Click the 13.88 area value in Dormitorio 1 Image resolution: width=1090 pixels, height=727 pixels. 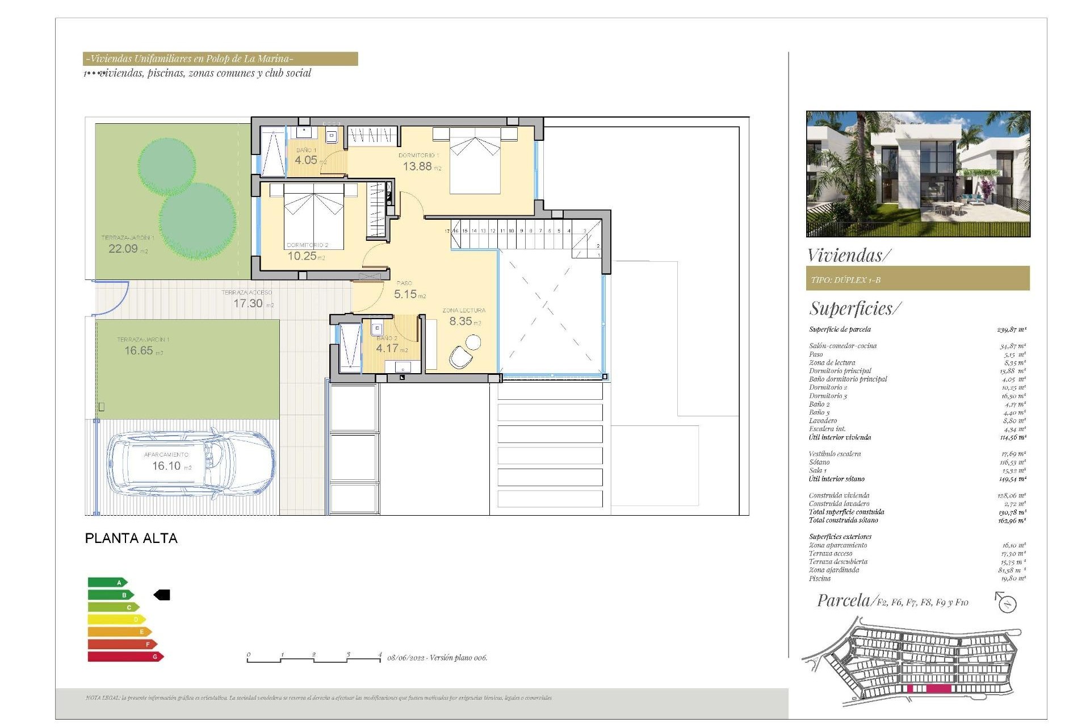(x=417, y=166)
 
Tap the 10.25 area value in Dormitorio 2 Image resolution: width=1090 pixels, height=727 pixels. (x=302, y=256)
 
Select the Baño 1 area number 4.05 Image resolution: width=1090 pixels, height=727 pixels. (x=306, y=160)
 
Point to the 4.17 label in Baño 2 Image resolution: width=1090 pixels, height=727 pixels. (x=387, y=348)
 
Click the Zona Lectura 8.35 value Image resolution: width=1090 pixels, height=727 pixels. (x=460, y=321)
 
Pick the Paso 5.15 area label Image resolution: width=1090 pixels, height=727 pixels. (x=405, y=294)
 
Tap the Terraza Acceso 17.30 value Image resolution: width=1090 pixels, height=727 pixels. (x=248, y=303)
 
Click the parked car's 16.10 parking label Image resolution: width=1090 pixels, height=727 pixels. (x=166, y=466)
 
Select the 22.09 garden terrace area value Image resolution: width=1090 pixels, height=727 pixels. (x=123, y=249)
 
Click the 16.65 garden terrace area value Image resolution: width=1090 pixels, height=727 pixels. (x=139, y=350)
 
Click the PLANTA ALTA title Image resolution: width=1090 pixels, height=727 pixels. (x=131, y=538)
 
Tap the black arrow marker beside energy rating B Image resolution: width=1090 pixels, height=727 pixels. (x=162, y=595)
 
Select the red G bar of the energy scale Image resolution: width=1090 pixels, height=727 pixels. (x=125, y=657)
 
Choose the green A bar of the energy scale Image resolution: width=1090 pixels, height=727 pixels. (x=107, y=582)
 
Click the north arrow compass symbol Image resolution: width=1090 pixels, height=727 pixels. (x=1007, y=603)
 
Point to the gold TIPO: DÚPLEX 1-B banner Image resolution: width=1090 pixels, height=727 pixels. (x=917, y=279)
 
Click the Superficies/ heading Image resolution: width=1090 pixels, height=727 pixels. (x=854, y=308)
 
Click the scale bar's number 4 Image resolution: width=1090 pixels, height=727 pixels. (x=379, y=655)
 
